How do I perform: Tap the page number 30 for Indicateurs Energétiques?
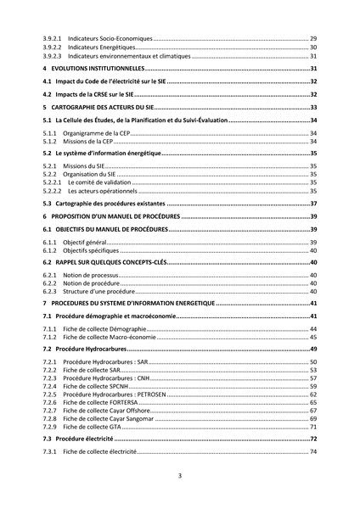coord(312,48)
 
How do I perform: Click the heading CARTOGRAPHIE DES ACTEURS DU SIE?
coord(106,108)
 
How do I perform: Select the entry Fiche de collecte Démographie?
coord(106,328)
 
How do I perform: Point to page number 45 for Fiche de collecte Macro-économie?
coord(312,337)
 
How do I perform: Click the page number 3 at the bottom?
coord(179,476)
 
